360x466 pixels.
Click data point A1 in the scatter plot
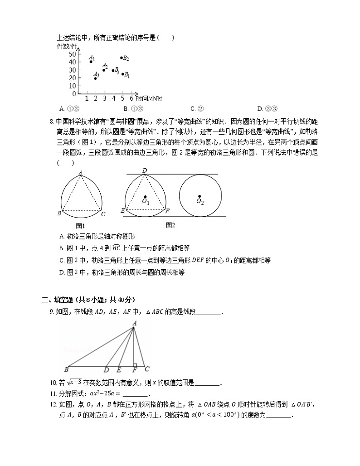point(91,62)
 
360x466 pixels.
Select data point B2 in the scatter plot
point(121,58)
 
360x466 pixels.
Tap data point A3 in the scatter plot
point(95,78)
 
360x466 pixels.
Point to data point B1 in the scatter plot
point(122,74)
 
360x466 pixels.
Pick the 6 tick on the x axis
point(131,98)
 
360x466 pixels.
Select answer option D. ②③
point(267,108)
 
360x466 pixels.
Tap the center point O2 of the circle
point(199,196)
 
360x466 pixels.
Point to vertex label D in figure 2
point(145,170)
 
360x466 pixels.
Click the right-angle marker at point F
point(136,364)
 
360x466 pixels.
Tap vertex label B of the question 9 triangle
point(66,369)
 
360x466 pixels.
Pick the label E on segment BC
point(119,370)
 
